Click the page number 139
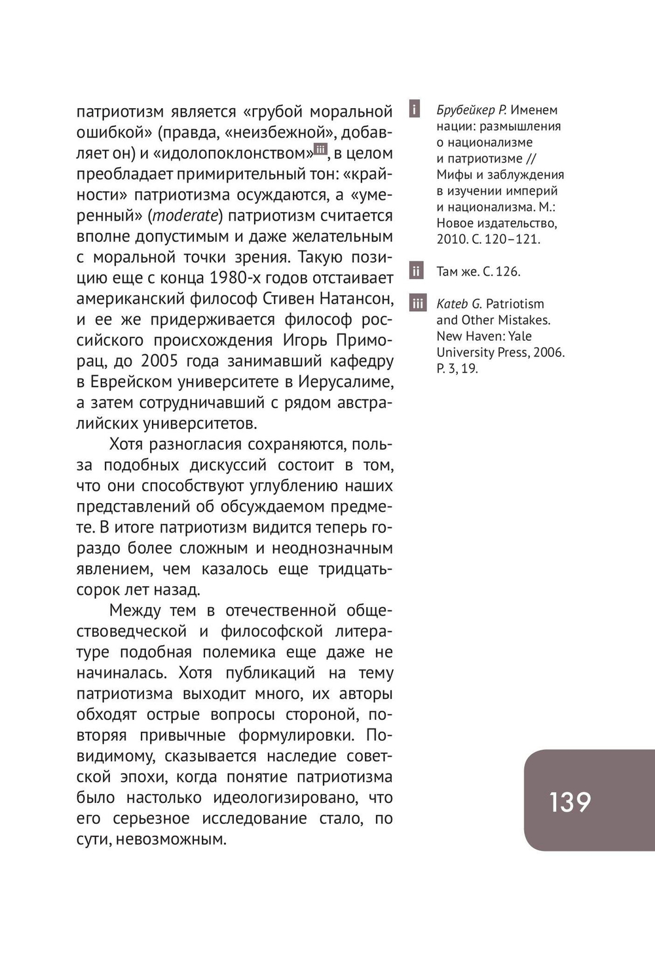(570, 802)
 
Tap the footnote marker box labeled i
(415, 109)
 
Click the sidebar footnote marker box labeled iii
(417, 303)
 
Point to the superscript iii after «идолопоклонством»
(320, 149)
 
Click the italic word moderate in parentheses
(185, 216)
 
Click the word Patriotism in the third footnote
(515, 304)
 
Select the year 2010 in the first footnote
(450, 239)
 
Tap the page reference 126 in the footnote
(508, 271)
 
